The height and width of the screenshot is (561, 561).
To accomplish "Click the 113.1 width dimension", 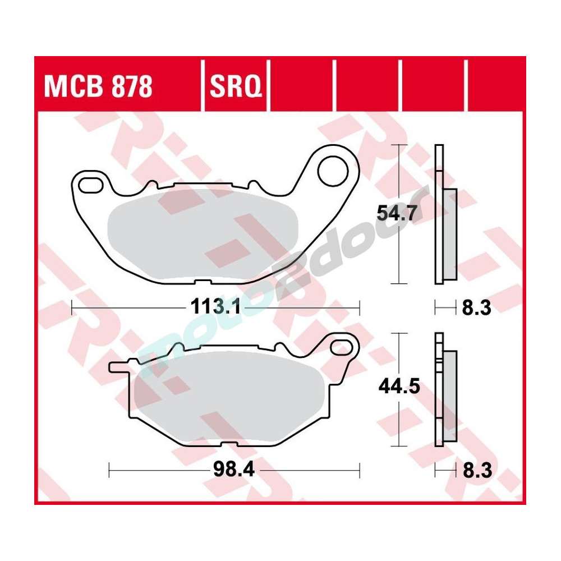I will (x=216, y=307).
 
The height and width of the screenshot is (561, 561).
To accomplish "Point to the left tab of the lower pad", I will (x=119, y=367).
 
